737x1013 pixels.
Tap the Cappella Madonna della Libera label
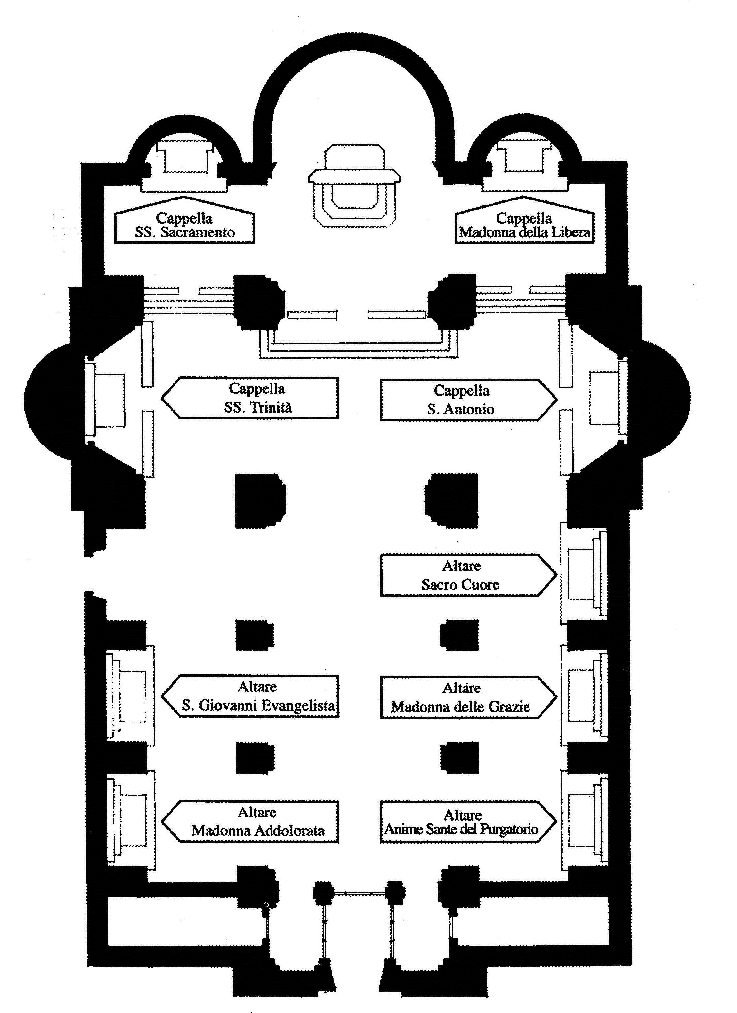click(525, 225)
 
